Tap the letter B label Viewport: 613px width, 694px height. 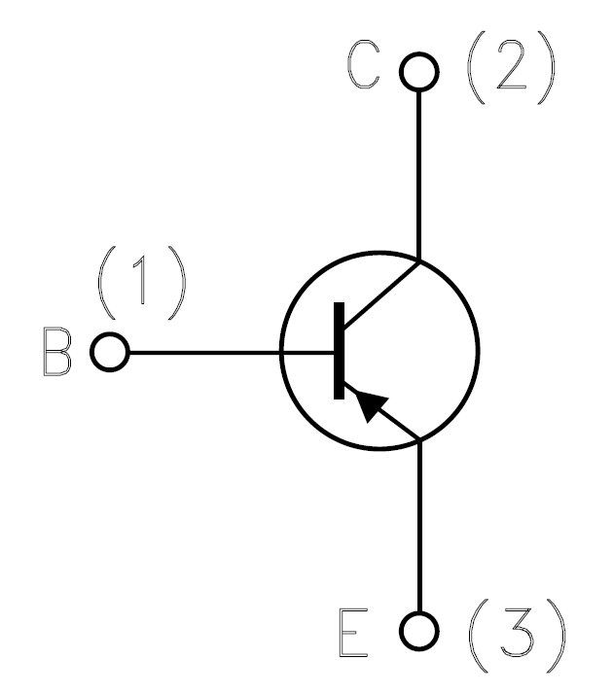(56, 352)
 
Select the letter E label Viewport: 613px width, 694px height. (353, 633)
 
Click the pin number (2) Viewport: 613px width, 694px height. (511, 68)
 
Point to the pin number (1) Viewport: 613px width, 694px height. (142, 283)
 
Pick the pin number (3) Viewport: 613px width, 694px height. (518, 636)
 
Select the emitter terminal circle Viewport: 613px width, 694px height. (419, 612)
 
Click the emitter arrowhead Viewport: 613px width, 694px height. (371, 405)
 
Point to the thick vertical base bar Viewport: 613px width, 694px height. (339, 351)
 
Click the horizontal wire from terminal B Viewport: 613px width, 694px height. (232, 353)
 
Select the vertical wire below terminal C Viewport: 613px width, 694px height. (418, 176)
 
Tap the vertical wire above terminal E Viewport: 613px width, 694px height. (419, 527)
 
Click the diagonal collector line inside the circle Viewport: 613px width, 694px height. (381, 295)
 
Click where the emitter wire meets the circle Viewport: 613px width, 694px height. (419, 440)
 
